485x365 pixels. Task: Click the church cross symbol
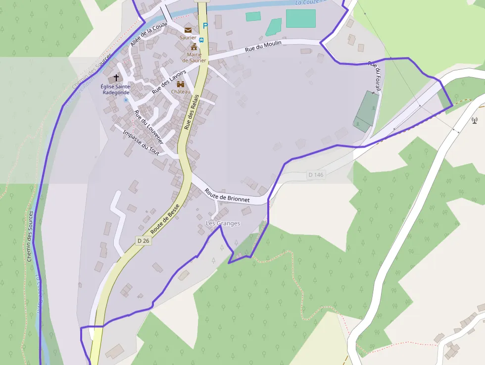[117, 78]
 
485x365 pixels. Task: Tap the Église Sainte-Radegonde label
[116, 89]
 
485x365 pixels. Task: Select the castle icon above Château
[181, 84]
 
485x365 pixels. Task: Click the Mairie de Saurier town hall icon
[194, 47]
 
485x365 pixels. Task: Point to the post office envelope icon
[188, 30]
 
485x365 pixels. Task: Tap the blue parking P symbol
[205, 26]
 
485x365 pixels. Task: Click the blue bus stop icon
[201, 40]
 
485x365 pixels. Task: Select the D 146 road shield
[315, 174]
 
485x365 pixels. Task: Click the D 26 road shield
[143, 241]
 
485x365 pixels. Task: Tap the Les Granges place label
[223, 223]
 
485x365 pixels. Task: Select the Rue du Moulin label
[263, 46]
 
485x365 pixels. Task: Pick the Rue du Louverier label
[148, 127]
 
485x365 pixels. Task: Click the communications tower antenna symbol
[474, 119]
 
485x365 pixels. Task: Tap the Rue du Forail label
[376, 77]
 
